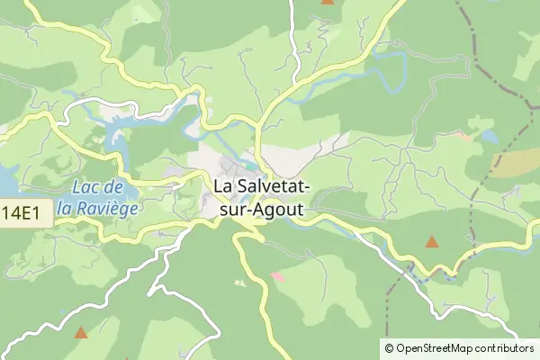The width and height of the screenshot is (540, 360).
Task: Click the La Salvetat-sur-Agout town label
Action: click(x=262, y=197)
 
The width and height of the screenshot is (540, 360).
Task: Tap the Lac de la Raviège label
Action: click(x=96, y=197)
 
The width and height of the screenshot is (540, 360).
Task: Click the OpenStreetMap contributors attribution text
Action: click(x=458, y=348)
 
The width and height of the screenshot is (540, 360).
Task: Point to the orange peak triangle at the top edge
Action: click(x=327, y=3)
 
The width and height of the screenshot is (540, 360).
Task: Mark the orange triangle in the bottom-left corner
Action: click(x=81, y=332)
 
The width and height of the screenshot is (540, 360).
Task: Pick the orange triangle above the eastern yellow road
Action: click(x=432, y=241)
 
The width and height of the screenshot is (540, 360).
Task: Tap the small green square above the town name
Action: click(x=248, y=165)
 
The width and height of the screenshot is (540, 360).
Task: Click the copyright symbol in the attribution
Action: click(x=389, y=348)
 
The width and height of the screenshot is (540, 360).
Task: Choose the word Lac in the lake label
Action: click(x=84, y=186)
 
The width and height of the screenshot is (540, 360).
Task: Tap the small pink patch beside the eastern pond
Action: click(x=463, y=137)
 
